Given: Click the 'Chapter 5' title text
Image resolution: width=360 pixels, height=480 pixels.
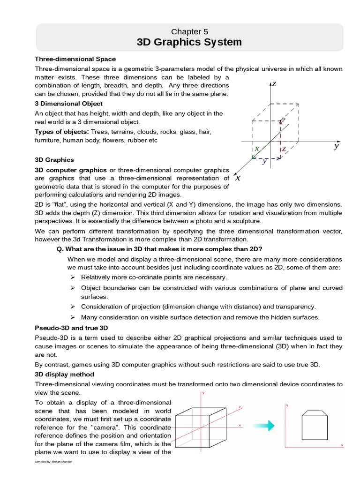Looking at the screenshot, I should pos(189,32).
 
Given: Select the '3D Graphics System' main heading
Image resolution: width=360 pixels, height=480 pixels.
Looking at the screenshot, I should pos(189,43).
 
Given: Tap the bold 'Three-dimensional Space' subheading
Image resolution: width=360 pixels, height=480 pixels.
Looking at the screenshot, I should pos(75,59).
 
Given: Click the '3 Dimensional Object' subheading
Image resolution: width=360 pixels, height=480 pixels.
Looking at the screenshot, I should pos(68,104).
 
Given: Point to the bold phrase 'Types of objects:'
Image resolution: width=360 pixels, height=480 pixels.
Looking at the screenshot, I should pos(62,131).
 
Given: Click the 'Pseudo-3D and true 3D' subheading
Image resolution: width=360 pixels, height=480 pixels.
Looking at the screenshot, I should pos(72,328).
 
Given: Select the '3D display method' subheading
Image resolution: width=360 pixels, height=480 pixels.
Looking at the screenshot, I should pos(65,375).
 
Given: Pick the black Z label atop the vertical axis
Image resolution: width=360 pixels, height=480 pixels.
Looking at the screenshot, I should pos(274,84).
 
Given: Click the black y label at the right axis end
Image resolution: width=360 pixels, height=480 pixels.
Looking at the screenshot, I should pos(336,146).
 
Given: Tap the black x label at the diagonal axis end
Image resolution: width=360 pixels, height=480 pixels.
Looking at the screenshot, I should pos(238,178).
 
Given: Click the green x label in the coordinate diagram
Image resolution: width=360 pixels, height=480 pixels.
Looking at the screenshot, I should pos(257,149).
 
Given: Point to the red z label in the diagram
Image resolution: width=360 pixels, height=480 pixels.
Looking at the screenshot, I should pos(284,149).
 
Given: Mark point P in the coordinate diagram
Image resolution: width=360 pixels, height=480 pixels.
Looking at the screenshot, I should pos(283,120).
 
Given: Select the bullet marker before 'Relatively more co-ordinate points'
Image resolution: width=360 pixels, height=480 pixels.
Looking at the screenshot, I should pos(73,277).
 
